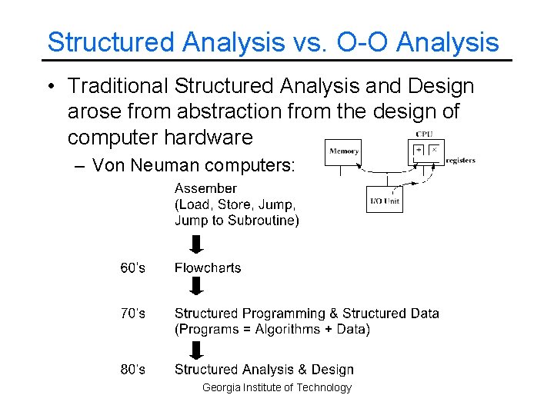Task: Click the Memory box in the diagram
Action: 343,151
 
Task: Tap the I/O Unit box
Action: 384,200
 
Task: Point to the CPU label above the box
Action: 424,134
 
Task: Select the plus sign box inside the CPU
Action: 419,150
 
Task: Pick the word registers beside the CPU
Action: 460,161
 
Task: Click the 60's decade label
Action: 132,268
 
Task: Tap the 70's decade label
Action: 132,314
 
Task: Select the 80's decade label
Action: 132,370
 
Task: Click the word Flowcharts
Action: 207,268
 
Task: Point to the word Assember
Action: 205,188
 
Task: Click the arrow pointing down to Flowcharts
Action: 196,244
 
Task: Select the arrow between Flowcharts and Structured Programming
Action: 196,287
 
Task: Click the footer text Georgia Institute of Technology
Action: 276,388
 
